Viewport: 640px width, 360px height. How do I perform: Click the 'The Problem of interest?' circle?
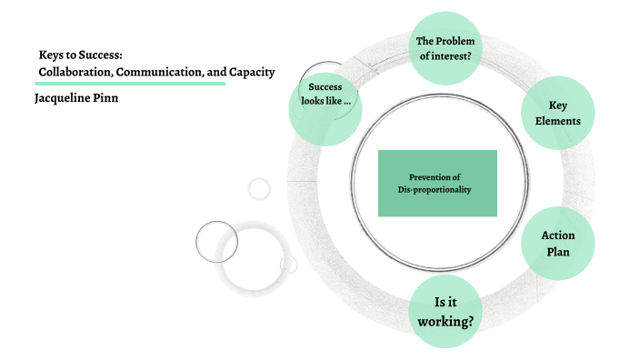[x=445, y=48]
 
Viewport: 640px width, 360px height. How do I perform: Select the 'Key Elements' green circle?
[x=557, y=113]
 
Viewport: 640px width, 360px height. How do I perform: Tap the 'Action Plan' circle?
[x=557, y=243]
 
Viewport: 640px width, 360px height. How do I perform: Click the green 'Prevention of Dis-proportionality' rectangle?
[x=437, y=183]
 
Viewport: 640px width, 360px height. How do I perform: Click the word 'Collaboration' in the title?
[x=76, y=71]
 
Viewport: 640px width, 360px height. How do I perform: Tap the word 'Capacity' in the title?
[x=247, y=71]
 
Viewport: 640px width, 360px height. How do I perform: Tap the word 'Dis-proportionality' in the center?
[x=435, y=189]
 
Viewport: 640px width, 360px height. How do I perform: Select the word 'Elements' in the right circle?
[x=558, y=120]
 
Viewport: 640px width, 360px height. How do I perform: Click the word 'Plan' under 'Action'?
[x=558, y=251]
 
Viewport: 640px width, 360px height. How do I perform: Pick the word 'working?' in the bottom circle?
[x=445, y=321]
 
